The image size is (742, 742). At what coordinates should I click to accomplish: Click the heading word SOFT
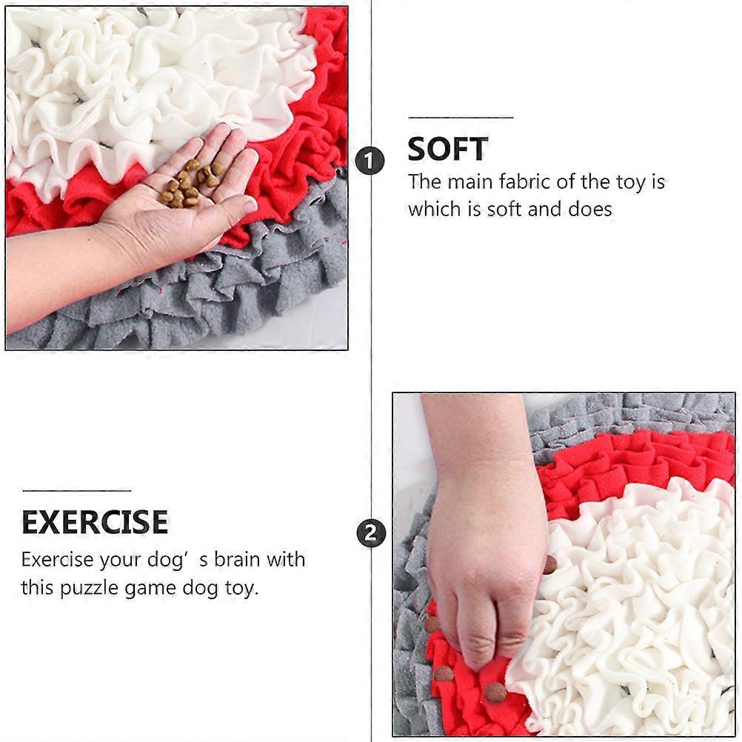[448, 149]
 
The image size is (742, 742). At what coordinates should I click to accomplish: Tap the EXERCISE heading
[95, 522]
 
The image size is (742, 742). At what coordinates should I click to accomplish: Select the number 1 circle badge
[370, 161]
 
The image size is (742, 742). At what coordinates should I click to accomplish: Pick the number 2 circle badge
[371, 533]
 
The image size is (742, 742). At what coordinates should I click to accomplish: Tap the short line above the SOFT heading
[461, 117]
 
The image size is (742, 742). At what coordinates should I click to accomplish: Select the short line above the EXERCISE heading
[77, 491]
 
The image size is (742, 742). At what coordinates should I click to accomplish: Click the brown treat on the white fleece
[550, 564]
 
